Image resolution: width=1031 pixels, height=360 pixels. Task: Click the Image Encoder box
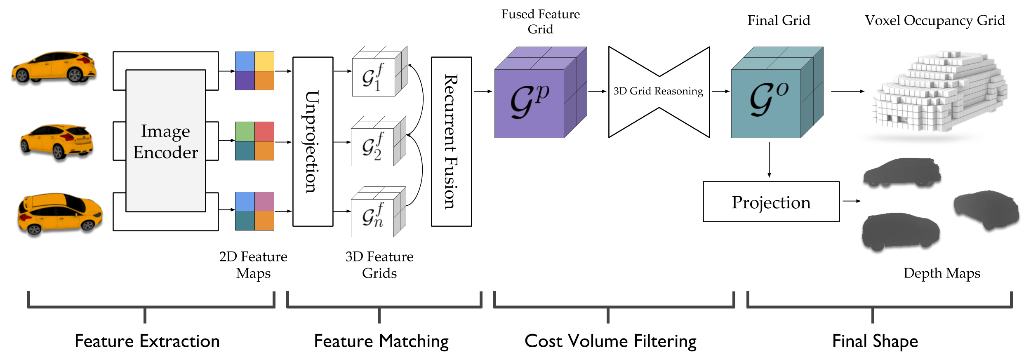[x=165, y=141]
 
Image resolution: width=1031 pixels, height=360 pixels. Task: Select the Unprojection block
[x=313, y=141]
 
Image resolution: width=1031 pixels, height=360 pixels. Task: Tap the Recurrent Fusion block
[x=451, y=141]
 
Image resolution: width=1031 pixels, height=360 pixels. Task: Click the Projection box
[x=771, y=202]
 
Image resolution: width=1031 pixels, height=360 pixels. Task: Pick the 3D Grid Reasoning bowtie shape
[x=659, y=92]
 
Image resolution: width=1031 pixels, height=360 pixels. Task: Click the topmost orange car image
[x=54, y=67]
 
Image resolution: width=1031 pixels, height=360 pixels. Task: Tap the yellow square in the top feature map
[x=264, y=61]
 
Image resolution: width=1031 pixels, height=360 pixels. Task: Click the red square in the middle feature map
[x=264, y=132]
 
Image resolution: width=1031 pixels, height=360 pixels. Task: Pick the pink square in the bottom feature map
[x=264, y=201]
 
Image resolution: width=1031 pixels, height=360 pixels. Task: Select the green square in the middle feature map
[x=245, y=132]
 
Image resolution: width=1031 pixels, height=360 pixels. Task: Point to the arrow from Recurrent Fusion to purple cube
[x=483, y=91]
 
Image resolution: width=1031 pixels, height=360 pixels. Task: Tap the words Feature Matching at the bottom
[x=381, y=341]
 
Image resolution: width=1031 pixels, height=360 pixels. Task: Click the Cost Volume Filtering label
[x=610, y=341]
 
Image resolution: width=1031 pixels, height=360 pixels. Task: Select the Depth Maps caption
[x=942, y=273]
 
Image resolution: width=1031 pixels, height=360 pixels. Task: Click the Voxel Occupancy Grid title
[x=934, y=21]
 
